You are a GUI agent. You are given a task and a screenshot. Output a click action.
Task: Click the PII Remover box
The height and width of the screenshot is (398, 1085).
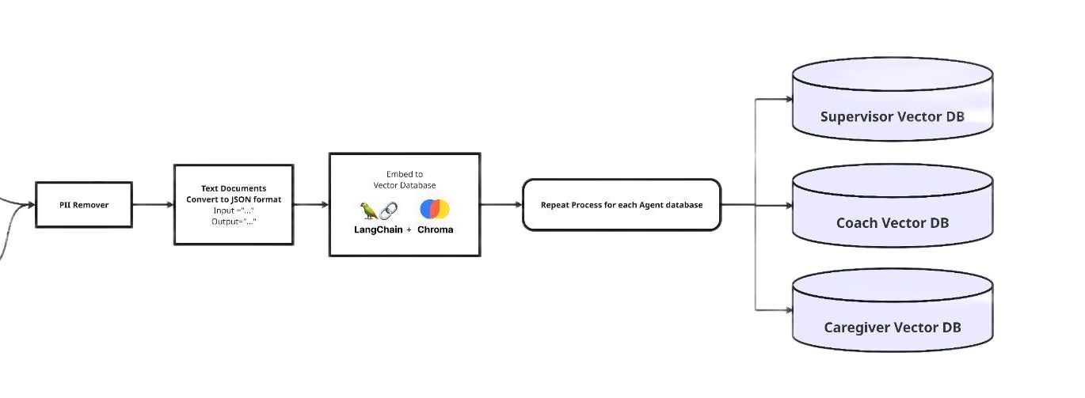[x=83, y=205]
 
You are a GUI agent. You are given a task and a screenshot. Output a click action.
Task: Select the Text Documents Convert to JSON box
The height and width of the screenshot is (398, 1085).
[x=234, y=204]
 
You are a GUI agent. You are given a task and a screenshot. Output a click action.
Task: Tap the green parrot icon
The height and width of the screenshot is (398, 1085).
[x=368, y=210]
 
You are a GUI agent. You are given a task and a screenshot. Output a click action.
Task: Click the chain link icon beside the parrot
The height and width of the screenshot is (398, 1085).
[x=387, y=210]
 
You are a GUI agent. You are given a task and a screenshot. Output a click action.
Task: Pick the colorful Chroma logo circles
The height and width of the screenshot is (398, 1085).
[x=435, y=209]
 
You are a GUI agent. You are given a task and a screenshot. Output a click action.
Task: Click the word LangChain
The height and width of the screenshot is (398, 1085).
[x=379, y=229]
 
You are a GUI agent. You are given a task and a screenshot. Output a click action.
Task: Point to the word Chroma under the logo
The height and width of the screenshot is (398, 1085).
[x=435, y=229]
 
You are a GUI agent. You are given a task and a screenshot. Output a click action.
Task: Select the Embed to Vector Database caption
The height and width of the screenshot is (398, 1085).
[x=404, y=180]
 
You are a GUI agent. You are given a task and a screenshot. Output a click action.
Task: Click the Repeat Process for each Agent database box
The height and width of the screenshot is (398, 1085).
[x=622, y=205]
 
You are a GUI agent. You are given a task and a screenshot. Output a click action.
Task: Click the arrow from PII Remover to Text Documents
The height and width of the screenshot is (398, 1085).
[x=153, y=205]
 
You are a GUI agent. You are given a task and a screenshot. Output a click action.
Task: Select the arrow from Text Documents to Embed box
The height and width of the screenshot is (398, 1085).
[x=311, y=205]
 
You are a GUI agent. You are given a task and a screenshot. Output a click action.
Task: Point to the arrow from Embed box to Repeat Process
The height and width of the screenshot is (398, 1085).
[x=501, y=205]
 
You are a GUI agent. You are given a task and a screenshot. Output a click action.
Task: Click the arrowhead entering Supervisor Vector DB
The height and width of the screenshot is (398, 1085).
[x=788, y=100]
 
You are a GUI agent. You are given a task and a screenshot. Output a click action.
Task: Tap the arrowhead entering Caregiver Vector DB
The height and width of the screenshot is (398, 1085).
[x=788, y=310]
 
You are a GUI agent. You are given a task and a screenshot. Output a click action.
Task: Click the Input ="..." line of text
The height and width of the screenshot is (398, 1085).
[x=234, y=210]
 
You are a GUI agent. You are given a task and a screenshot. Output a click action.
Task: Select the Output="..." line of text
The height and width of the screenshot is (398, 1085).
[x=234, y=222]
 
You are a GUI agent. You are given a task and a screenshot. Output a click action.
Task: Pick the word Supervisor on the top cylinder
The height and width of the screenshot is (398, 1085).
[x=856, y=117]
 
